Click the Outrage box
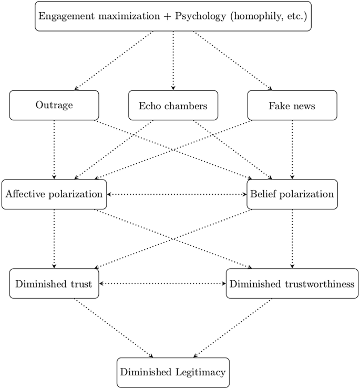(x=54, y=105)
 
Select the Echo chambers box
(x=173, y=105)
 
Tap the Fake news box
(x=292, y=105)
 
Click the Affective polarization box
(x=54, y=194)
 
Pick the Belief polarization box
(x=292, y=194)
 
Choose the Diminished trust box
(x=54, y=283)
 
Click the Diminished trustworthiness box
(x=292, y=283)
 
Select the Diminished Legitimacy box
(x=173, y=372)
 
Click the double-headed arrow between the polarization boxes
(x=177, y=194)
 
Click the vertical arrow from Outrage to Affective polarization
(x=54, y=150)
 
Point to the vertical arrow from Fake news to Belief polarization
(x=292, y=150)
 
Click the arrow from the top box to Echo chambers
(x=173, y=60)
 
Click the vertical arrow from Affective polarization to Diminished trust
(x=54, y=239)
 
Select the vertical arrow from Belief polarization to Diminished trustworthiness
(x=292, y=239)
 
